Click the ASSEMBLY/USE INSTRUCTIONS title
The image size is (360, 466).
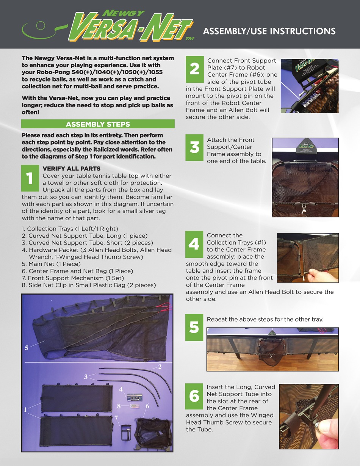point(269,31)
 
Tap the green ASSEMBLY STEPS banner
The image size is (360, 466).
point(98,124)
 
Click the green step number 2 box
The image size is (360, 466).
point(194,69)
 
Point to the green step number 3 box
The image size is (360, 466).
point(194,148)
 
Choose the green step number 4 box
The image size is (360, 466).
point(194,244)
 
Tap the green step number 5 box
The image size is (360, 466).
point(194,327)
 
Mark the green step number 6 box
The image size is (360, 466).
point(194,396)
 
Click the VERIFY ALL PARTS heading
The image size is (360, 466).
point(72,168)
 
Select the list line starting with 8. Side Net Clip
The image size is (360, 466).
point(89,285)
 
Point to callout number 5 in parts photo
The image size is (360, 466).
point(27,348)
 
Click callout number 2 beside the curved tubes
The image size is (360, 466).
point(160,367)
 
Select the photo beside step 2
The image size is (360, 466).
point(309,86)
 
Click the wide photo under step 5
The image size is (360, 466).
point(272,349)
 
